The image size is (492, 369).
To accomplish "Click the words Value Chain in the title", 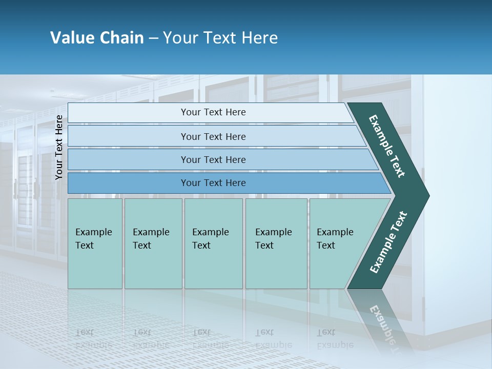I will coord(97,38).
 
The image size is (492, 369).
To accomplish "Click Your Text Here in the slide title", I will coord(220,38).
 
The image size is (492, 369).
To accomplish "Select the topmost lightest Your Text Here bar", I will coord(213,112).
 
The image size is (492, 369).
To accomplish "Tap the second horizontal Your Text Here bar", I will coord(213,136).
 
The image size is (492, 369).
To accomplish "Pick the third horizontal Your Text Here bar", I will coord(213,159).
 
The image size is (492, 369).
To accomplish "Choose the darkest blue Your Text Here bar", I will coord(213,183).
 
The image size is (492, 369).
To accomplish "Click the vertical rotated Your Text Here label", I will coord(59,147).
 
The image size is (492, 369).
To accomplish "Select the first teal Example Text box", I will coord(95,243).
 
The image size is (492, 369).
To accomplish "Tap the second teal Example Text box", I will coord(153,243).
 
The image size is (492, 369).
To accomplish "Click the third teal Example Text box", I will coord(213,243).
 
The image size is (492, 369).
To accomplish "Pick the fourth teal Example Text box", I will coord(276,243).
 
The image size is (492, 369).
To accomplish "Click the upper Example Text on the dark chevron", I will coord(387,146).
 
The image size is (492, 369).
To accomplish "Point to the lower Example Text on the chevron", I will coord(388,242).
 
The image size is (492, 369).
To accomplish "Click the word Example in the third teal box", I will coord(210,232).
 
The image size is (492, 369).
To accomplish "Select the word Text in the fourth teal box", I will coord(264,245).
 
